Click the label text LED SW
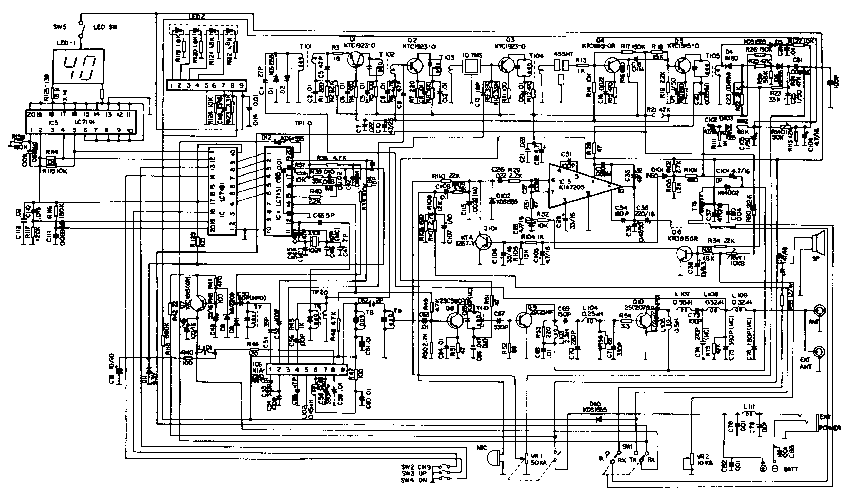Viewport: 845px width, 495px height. [105, 27]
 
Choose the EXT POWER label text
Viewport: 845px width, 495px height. [830, 423]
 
